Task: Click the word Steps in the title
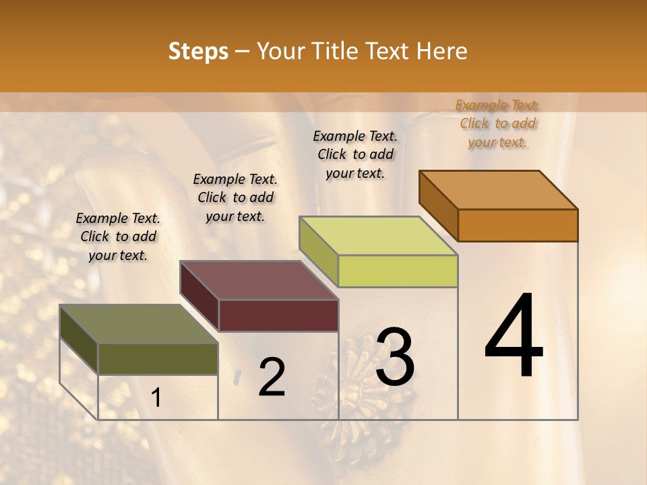coord(198,52)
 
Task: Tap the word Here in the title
coord(441,52)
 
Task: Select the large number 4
coord(514,336)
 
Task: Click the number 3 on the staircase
coord(395,357)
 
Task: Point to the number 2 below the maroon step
coord(272,377)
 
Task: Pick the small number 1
coord(156,398)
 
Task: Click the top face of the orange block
coord(499,189)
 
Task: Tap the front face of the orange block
coord(518,225)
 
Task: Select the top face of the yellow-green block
coord(379,236)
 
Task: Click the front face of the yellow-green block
coord(398,271)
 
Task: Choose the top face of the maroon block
coord(259,280)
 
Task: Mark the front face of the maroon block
coord(278,315)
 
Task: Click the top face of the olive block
coord(139,324)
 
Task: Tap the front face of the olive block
coord(158,358)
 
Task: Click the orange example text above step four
coord(497,123)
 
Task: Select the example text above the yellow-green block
coord(355,154)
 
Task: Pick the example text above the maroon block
coord(235,197)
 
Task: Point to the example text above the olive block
coord(118,236)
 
